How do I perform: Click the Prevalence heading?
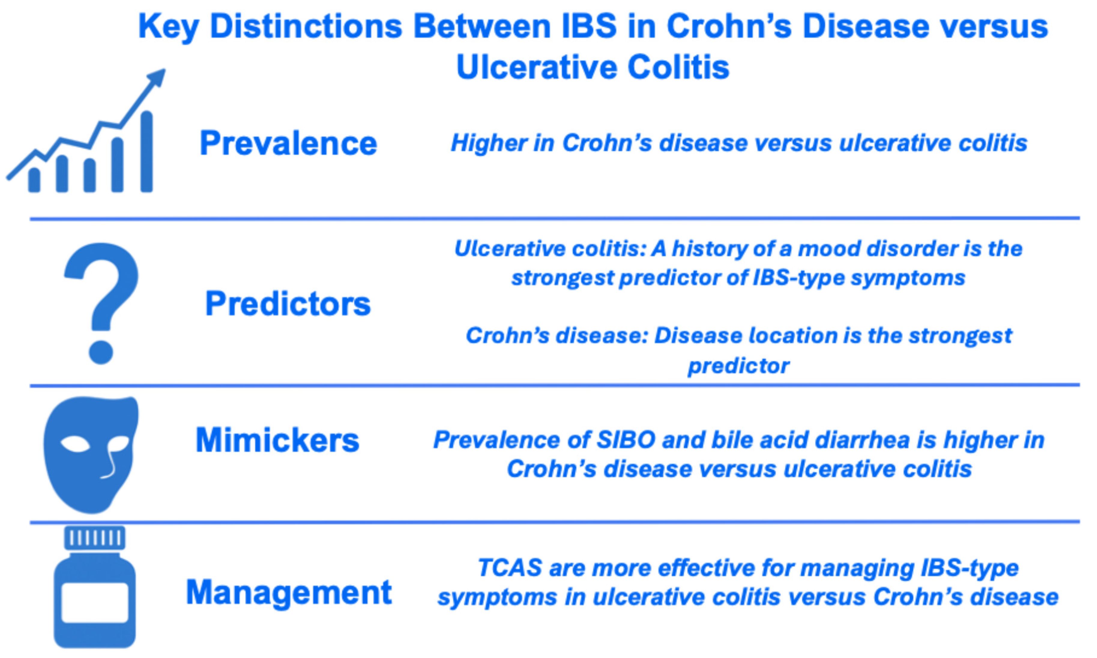[x=288, y=143]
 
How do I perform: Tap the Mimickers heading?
[x=278, y=440]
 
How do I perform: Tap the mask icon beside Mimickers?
[x=91, y=455]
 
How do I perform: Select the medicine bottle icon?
[x=95, y=587]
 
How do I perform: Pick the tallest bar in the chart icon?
[x=147, y=152]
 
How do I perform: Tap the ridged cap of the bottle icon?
[x=95, y=538]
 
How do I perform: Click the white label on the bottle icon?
[x=95, y=602]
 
